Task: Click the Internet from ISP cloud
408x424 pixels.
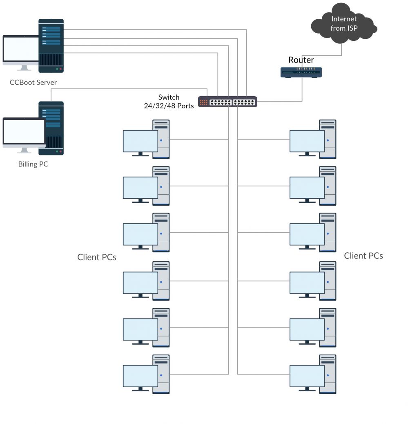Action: pos(343,24)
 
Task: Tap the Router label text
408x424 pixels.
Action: pos(301,60)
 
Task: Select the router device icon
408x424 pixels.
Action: pos(301,72)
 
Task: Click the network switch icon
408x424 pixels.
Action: pos(227,101)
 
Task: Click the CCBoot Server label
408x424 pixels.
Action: pos(33,82)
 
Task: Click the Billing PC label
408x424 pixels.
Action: pos(33,165)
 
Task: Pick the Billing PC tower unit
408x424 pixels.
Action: pos(51,128)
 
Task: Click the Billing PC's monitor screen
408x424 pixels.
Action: pos(23,131)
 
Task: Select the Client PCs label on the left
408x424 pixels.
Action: pos(97,257)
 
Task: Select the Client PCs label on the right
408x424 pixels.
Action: pos(363,256)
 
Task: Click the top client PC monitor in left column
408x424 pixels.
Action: pos(140,140)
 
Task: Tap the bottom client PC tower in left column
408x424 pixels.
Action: pos(161,374)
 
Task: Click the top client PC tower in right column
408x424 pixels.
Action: pos(328,139)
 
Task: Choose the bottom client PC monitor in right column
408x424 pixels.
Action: pos(307,375)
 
